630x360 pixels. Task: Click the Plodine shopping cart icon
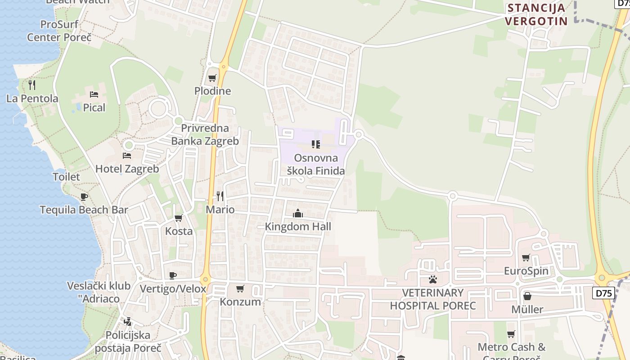pos(212,78)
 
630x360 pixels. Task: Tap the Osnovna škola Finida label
pos(316,164)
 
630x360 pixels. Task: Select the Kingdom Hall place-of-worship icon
pos(298,213)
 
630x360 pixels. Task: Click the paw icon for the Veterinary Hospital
pos(433,279)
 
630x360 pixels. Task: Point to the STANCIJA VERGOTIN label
pos(536,14)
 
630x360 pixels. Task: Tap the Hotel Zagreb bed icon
pos(127,156)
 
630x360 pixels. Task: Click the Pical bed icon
pos(94,94)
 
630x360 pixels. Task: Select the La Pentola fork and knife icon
pos(32,85)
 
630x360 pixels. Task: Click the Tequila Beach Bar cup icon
pos(84,197)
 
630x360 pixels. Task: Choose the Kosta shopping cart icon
pos(179,218)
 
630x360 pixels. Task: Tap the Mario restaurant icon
pos(220,196)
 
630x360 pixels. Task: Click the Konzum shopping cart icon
pos(240,288)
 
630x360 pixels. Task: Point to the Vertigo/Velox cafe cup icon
pos(173,275)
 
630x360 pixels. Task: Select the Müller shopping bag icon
pos(527,296)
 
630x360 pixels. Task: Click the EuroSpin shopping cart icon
pos(526,258)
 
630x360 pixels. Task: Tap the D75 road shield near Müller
pos(603,293)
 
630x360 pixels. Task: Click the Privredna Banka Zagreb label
pos(205,135)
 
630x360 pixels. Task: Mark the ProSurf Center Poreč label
pos(59,31)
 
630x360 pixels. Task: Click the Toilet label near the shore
pos(66,177)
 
